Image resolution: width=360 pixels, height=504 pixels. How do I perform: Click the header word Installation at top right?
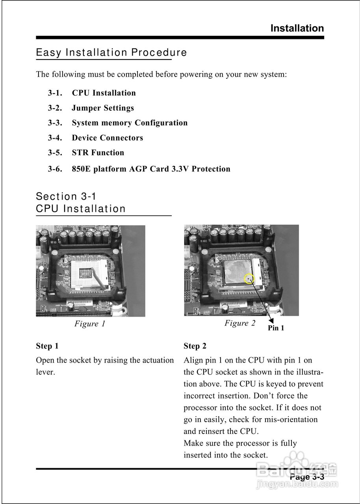pos(297,28)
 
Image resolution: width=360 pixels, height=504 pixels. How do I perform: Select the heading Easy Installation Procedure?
pos(111,52)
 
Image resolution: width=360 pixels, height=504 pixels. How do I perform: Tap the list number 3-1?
pos(55,93)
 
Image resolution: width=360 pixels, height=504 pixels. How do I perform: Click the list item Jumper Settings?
pos(103,108)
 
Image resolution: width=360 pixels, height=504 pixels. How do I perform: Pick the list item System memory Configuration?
pos(130,123)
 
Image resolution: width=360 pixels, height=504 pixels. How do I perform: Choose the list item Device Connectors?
pos(107,138)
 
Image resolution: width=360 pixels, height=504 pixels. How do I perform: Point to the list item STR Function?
pos(98,153)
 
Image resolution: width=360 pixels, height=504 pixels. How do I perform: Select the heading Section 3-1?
pos(66,196)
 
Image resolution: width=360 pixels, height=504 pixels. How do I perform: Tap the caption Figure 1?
pos(90,324)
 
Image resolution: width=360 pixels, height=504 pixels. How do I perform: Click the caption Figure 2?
pos(240,323)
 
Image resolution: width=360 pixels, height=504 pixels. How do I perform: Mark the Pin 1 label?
pos(276,328)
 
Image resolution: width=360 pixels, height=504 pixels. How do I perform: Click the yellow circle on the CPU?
pos(249,279)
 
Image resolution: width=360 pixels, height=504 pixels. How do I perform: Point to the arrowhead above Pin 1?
pos(271,320)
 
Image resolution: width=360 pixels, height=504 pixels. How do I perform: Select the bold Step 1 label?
pos(47,346)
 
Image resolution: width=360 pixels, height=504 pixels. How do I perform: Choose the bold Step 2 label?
pos(195,346)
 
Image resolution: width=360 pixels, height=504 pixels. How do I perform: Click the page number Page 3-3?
pos(307,477)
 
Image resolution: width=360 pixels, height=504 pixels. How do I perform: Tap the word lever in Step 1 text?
pos(45,372)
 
